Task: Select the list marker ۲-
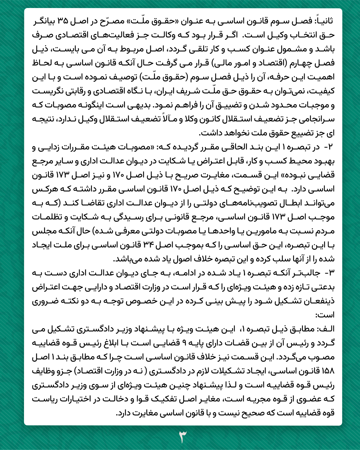329,147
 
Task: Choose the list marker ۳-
329,273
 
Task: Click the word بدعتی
323,287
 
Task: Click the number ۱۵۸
328,371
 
